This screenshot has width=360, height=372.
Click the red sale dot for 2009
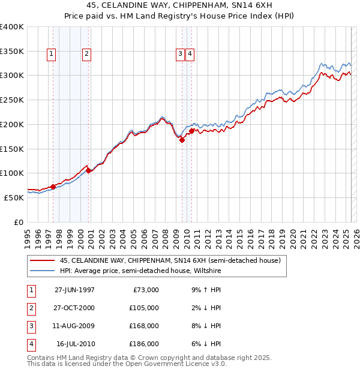coord(182,140)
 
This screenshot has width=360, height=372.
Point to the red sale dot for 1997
coord(53,187)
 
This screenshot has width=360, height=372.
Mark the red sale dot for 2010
coord(191,131)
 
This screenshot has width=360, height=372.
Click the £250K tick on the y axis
coord(12,100)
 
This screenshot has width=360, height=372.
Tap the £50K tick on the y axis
coord(14,197)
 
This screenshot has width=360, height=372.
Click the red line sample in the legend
coord(41,261)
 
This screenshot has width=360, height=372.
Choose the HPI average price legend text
coord(140,271)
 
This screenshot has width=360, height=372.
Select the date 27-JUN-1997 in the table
coord(74,290)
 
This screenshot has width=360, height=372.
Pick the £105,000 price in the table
coord(144,308)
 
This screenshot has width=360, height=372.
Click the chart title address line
coord(180,7)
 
